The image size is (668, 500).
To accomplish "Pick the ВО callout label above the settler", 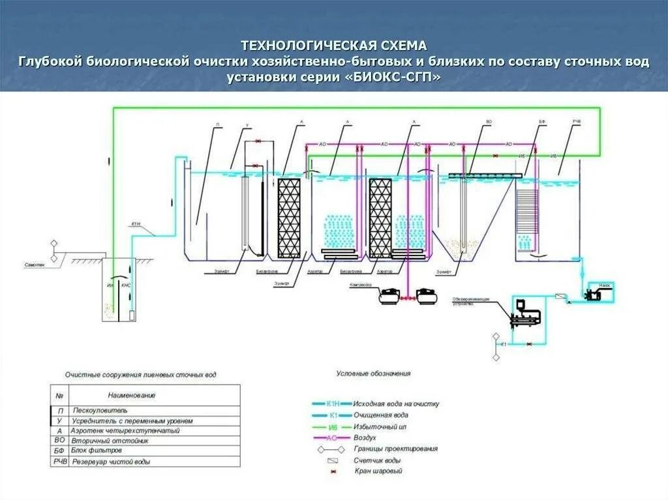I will coord(488,123).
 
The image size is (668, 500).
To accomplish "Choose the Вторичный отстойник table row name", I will coord(108,441).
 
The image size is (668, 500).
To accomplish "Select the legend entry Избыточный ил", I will coord(377,426).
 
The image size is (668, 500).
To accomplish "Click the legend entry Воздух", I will coord(365,437).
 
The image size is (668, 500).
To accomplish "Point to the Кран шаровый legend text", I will coord(378,471).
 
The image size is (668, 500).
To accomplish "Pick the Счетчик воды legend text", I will coord(377,460).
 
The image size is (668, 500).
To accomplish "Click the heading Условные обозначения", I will coord(373,374).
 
